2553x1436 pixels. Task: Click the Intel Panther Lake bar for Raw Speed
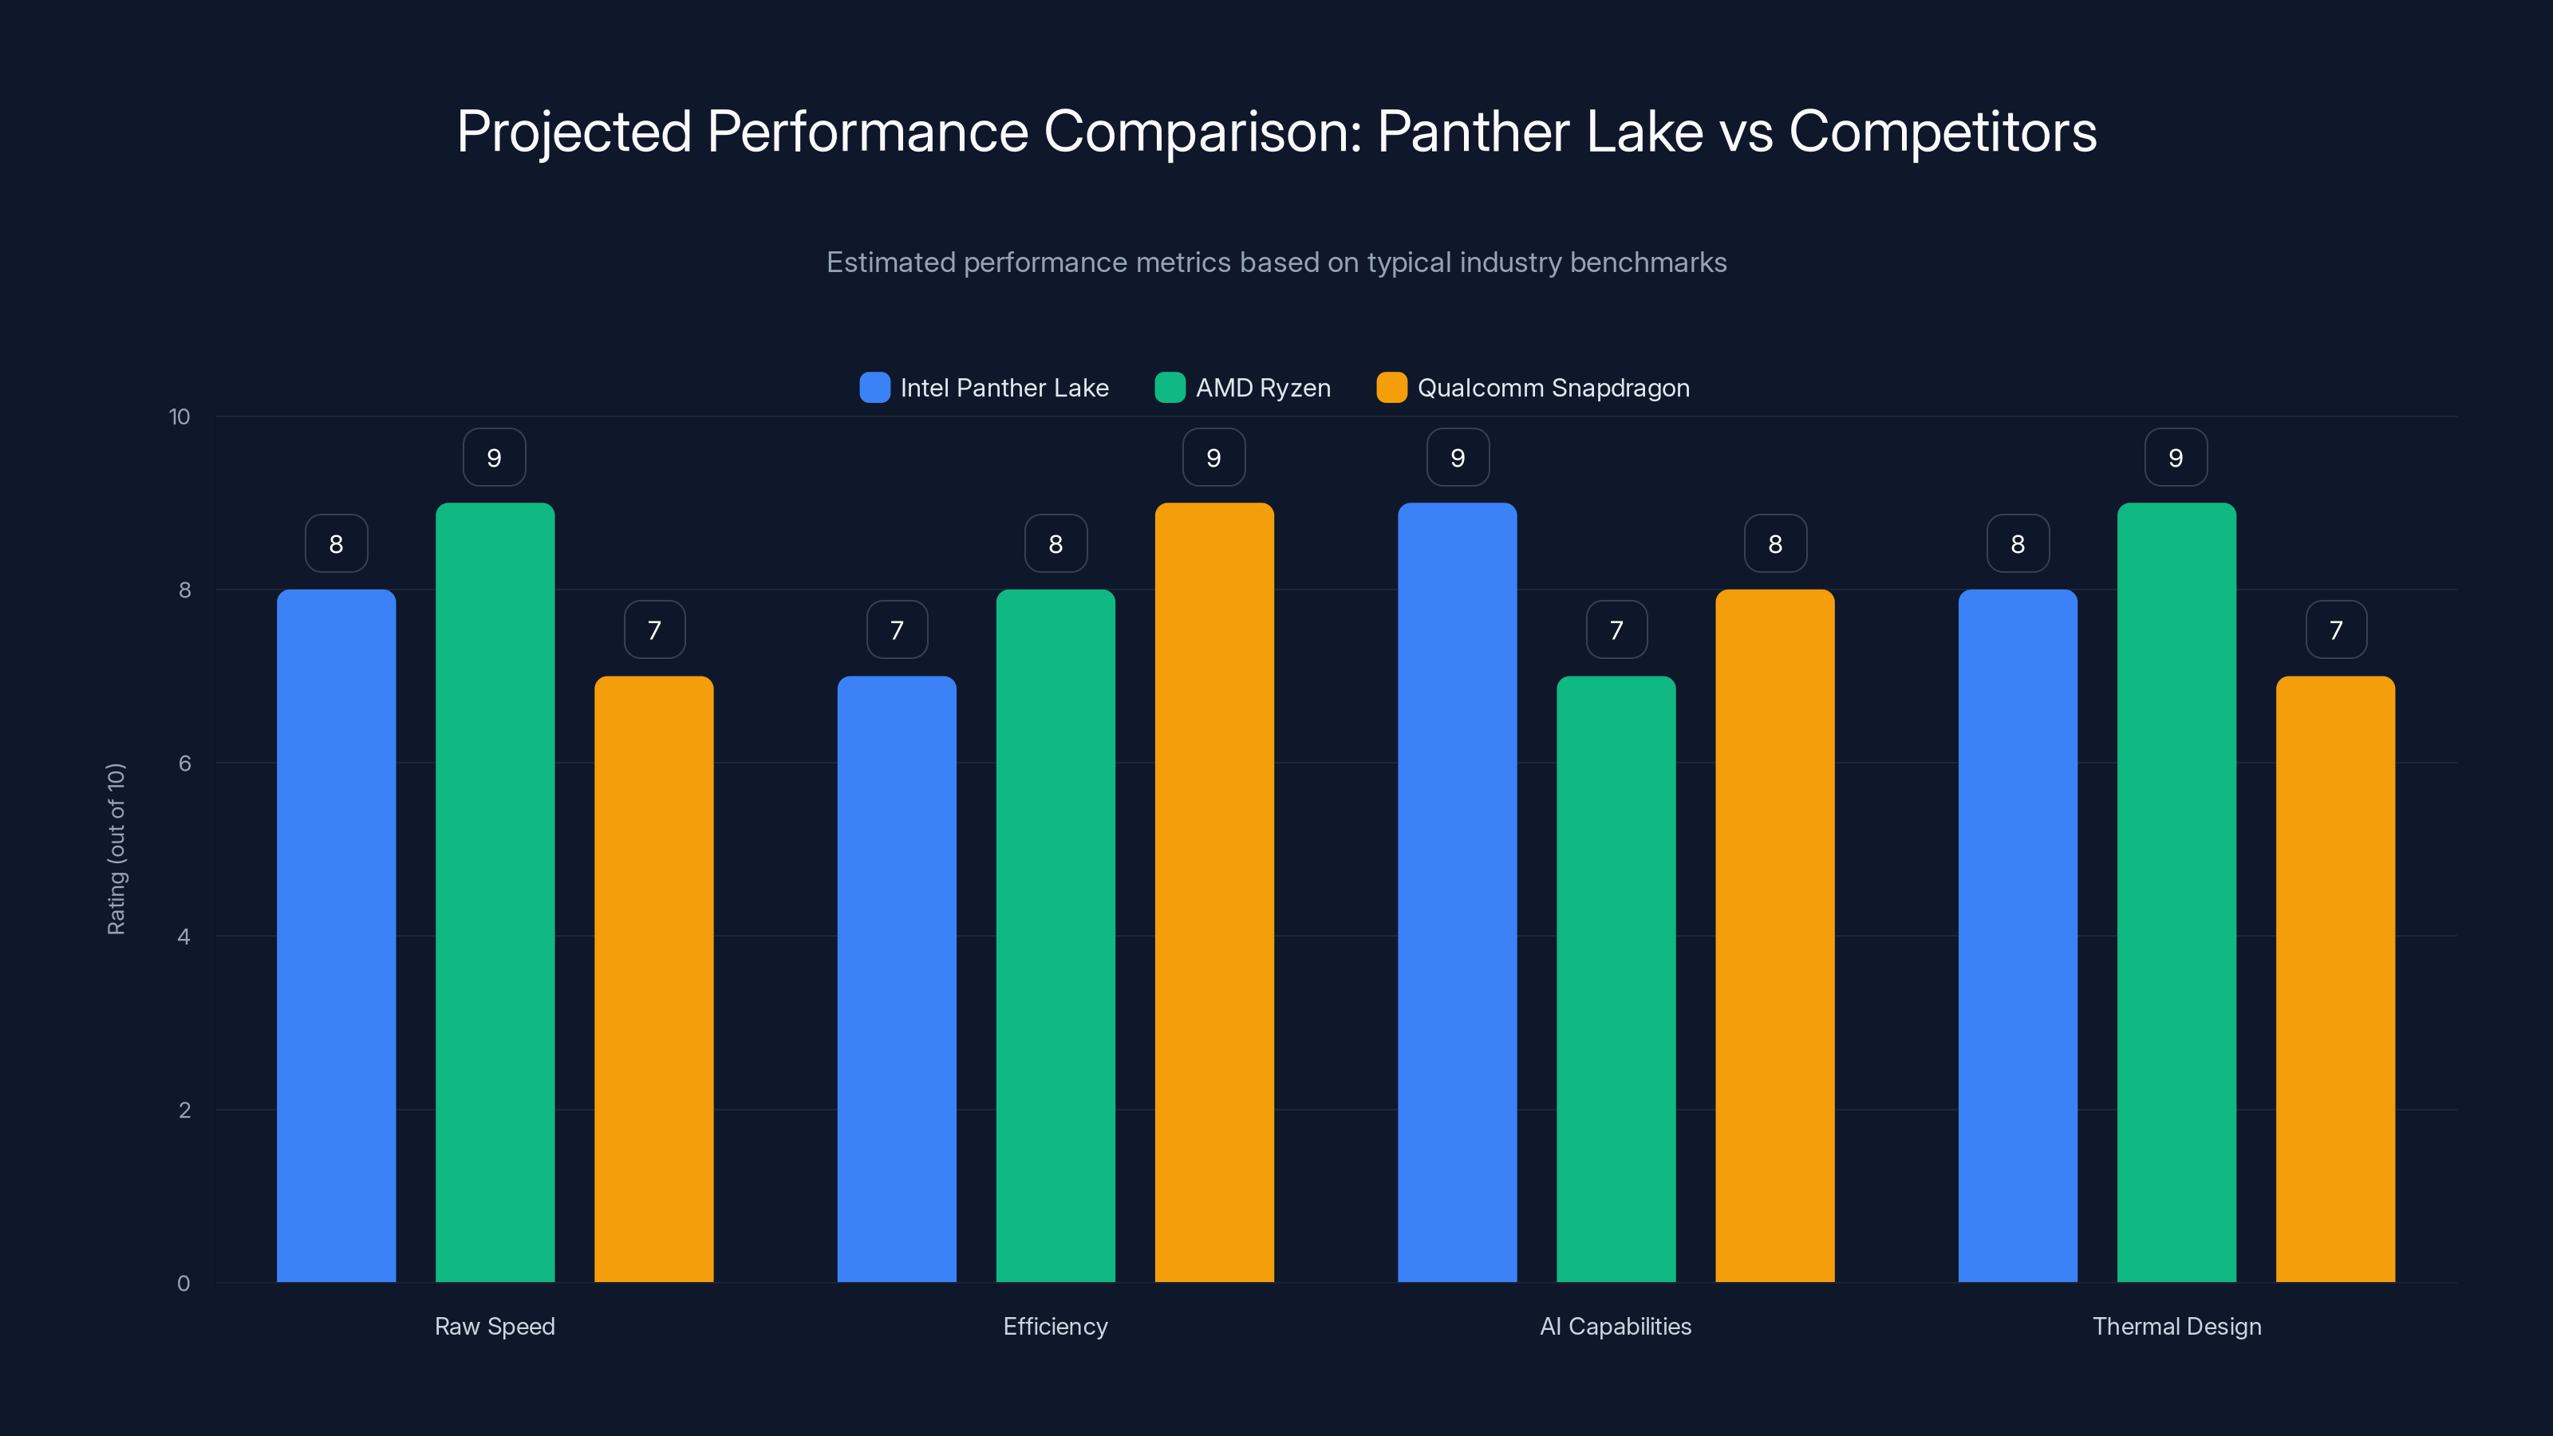pyautogui.click(x=336, y=936)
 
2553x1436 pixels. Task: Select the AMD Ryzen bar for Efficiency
pyautogui.click(x=1056, y=936)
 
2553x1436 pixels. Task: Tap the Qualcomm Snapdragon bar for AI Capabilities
pyautogui.click(x=1774, y=936)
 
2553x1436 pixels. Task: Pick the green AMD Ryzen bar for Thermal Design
pyautogui.click(x=2176, y=892)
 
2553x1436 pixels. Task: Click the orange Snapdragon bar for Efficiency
pyautogui.click(x=1214, y=892)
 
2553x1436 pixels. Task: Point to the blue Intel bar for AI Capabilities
pyautogui.click(x=1457, y=892)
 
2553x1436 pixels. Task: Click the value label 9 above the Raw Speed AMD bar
pyautogui.click(x=495, y=458)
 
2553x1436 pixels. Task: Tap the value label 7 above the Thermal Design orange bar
pyautogui.click(x=2336, y=630)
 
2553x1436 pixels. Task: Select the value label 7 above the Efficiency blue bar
pyautogui.click(x=897, y=630)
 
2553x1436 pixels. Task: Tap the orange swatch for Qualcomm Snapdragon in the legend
pyautogui.click(x=1391, y=388)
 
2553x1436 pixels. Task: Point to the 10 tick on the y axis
pyautogui.click(x=180, y=417)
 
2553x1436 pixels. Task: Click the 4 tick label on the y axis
pyautogui.click(x=183, y=937)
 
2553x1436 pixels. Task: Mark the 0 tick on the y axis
pyautogui.click(x=183, y=1284)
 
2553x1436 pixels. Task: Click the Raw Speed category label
pyautogui.click(x=495, y=1326)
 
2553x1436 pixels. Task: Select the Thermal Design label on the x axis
pyautogui.click(x=2176, y=1326)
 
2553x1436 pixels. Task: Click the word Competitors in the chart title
pyautogui.click(x=1943, y=132)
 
